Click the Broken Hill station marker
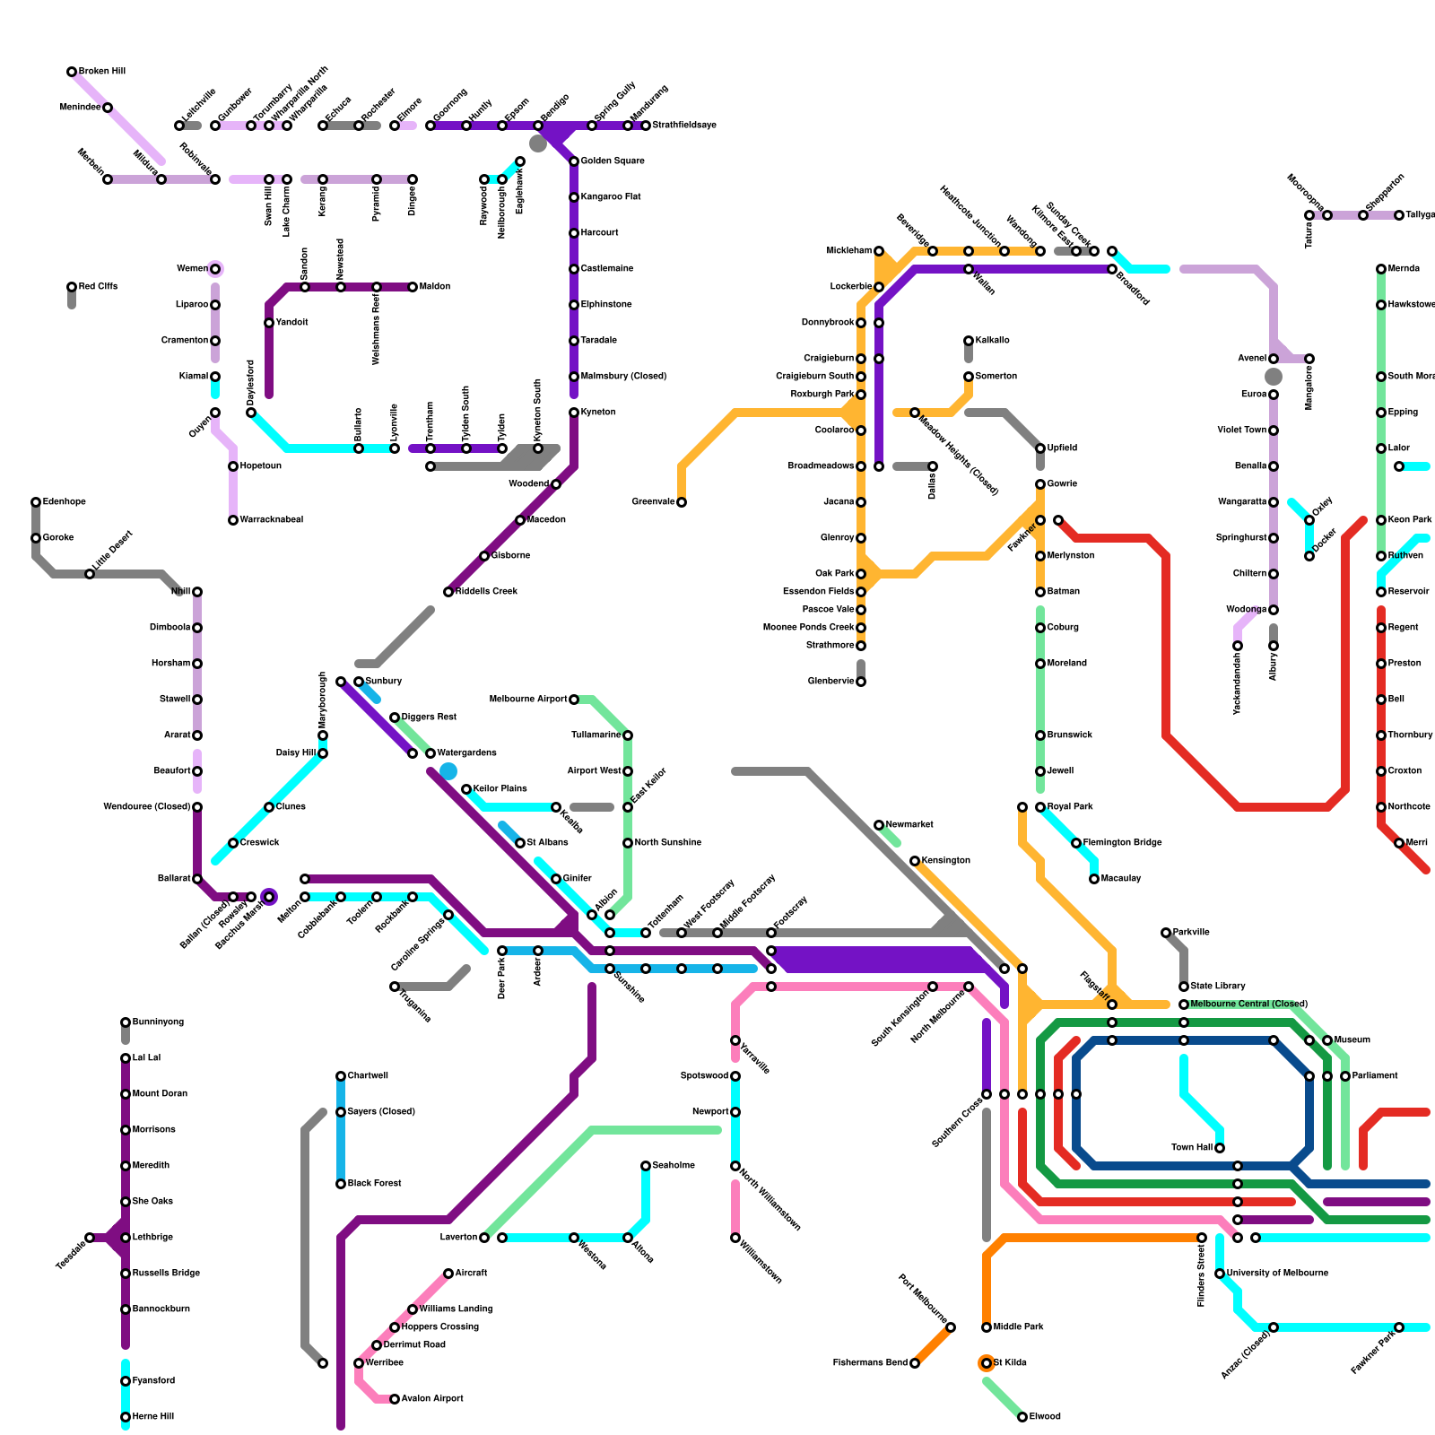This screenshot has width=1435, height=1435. pos(72,72)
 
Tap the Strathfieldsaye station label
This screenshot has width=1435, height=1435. pos(684,126)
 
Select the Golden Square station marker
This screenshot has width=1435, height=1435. pos(574,161)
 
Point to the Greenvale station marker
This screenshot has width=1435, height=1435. pos(682,502)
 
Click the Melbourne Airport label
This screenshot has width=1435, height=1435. pos(528,700)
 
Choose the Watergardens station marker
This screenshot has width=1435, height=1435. pos(430,753)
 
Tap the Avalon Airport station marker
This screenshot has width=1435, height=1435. pos(395,1399)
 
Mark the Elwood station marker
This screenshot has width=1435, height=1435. pos(1022,1417)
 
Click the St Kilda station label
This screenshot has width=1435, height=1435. pos(1010,1363)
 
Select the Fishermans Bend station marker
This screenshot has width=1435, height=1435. pos(915,1363)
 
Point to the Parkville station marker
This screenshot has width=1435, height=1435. pos(1166,933)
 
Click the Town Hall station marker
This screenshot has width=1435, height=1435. pos(1220,1148)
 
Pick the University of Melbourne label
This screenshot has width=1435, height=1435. pos(1277,1274)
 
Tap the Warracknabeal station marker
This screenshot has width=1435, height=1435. pos(233,520)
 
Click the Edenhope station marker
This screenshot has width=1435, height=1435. pos(36,502)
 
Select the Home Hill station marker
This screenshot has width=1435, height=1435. pos(126,1417)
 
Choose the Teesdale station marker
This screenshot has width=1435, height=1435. pos(90,1238)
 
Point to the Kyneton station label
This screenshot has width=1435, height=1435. pos(598,413)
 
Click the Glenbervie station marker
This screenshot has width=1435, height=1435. pos(861,682)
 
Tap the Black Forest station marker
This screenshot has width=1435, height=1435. pos(341,1184)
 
